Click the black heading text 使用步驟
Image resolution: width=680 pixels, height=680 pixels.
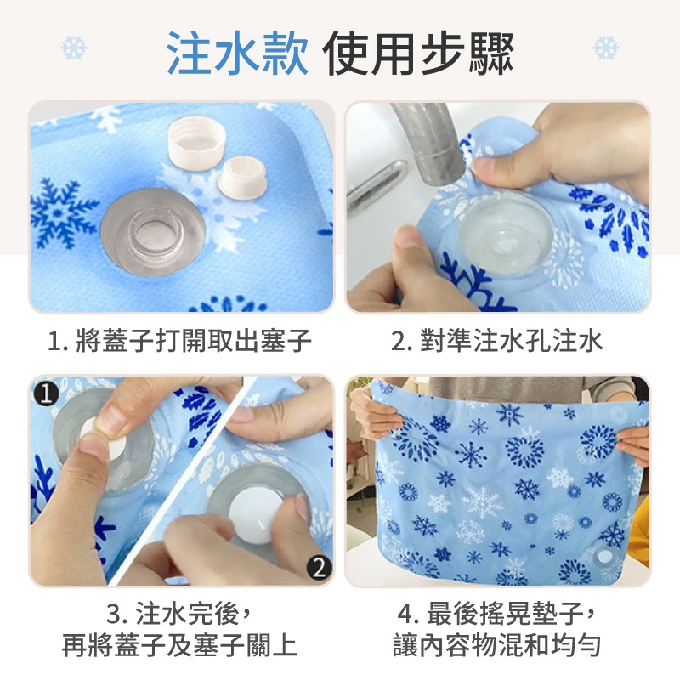[x=418, y=53]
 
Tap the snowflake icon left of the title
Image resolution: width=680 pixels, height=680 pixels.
[x=74, y=48]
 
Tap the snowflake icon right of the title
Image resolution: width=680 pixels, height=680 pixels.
[x=606, y=48]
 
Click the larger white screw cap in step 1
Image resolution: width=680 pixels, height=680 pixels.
[x=196, y=142]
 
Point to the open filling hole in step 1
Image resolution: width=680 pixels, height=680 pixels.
[x=153, y=231]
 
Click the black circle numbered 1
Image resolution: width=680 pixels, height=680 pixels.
[x=46, y=394]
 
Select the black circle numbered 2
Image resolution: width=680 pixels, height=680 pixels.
[x=319, y=566]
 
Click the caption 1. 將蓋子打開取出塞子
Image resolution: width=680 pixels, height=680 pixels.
[x=179, y=340]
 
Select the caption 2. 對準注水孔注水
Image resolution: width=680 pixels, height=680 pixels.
[x=497, y=340]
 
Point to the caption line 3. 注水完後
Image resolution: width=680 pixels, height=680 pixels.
[x=179, y=614]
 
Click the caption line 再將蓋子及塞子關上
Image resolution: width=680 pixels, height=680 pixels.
[x=179, y=645]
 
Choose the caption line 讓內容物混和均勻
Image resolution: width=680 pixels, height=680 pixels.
[x=497, y=645]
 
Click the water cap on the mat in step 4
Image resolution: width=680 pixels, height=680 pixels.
[x=603, y=557]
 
